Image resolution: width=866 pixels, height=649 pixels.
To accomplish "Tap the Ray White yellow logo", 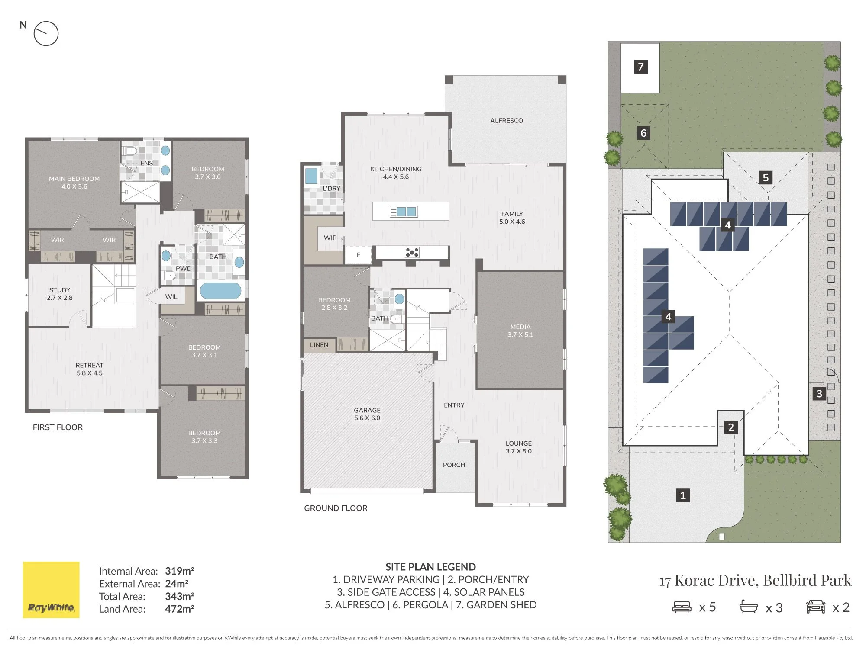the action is tap(51, 590).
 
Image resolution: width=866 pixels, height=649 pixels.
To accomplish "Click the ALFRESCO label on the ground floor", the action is tap(506, 121).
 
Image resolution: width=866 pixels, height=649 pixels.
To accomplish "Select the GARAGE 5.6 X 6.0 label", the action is tap(367, 414).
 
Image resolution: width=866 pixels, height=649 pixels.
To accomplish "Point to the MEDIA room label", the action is tap(520, 331).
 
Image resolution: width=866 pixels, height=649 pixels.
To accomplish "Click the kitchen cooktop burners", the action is tap(412, 252).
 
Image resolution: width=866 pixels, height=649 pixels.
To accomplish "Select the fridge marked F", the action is tap(358, 255).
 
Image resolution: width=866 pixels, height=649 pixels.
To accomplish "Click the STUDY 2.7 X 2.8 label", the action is tap(60, 294).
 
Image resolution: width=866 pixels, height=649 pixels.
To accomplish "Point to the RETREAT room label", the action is tap(90, 369).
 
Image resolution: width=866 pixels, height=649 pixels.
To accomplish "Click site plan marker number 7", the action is tap(641, 67).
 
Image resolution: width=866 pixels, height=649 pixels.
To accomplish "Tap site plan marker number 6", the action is tap(643, 133).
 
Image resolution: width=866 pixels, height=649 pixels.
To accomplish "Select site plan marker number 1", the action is tap(683, 495).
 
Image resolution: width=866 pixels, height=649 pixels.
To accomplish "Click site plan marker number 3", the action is tap(819, 394).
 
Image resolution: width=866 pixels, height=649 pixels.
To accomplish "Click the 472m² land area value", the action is tap(179, 609).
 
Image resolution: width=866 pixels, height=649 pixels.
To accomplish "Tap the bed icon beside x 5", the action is tap(682, 607).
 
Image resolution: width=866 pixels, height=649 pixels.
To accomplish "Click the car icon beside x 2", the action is tap(816, 607).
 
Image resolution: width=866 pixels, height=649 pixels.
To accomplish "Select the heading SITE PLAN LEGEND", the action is tap(430, 567).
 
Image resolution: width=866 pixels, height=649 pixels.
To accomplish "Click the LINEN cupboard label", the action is tap(319, 345).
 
